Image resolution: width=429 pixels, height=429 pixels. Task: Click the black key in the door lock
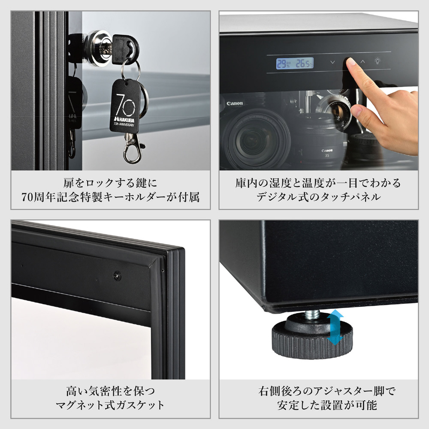tap(125, 49)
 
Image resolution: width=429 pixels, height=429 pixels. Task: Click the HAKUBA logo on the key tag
tap(124, 119)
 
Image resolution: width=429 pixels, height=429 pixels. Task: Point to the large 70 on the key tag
tap(125, 105)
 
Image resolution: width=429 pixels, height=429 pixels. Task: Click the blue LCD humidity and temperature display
tap(295, 63)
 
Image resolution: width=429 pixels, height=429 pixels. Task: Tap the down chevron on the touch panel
tap(333, 62)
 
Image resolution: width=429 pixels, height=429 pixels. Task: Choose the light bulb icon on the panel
tap(378, 61)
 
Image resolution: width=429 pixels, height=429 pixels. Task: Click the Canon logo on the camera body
tap(235, 103)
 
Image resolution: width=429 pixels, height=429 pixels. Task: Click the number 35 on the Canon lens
tap(327, 155)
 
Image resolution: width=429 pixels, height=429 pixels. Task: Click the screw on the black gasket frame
tap(118, 275)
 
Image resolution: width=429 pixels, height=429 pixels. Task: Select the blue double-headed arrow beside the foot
tap(335, 327)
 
